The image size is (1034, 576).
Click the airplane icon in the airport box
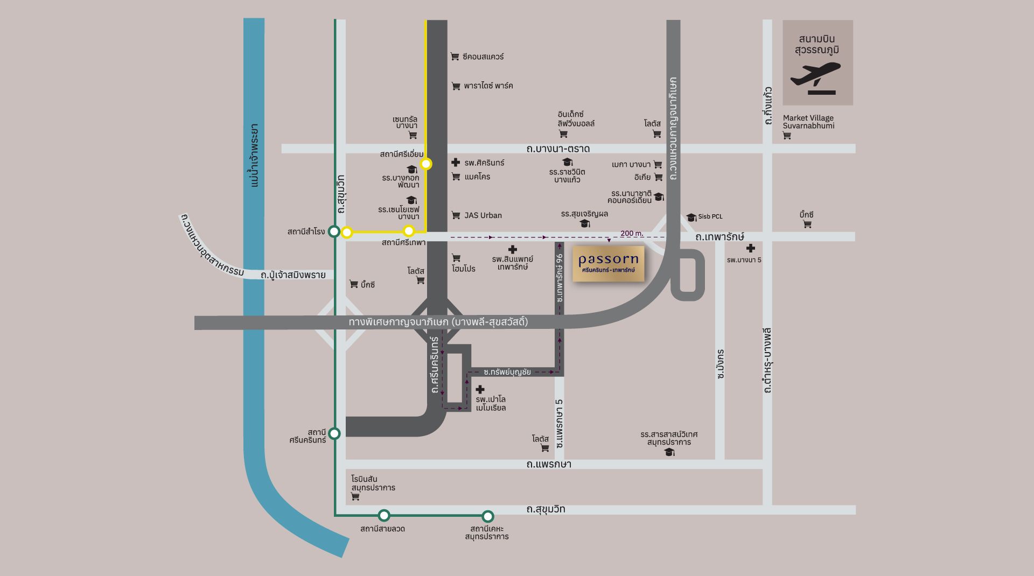(815, 75)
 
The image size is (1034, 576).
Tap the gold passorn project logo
(608, 263)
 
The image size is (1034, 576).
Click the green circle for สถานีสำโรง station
(334, 231)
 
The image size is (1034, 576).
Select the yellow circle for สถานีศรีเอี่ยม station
(426, 163)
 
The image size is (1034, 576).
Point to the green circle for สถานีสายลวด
(383, 515)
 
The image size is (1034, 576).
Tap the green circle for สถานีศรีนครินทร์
(334, 433)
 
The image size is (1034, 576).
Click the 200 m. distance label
(632, 233)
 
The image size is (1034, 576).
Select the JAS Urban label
(483, 215)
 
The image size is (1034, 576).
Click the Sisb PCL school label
(710, 216)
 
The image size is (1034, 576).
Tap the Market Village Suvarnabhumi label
(808, 122)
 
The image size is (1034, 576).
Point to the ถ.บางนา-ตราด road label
(558, 149)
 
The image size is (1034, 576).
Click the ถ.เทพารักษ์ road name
(719, 236)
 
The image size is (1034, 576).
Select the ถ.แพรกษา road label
(549, 464)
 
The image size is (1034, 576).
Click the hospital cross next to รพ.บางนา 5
(750, 248)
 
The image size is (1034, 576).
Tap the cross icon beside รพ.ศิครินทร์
(456, 162)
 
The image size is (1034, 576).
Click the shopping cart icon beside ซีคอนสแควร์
(455, 57)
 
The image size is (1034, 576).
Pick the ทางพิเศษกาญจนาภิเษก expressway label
(438, 322)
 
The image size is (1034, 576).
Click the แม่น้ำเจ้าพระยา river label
(254, 156)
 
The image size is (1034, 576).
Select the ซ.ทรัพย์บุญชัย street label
(507, 371)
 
